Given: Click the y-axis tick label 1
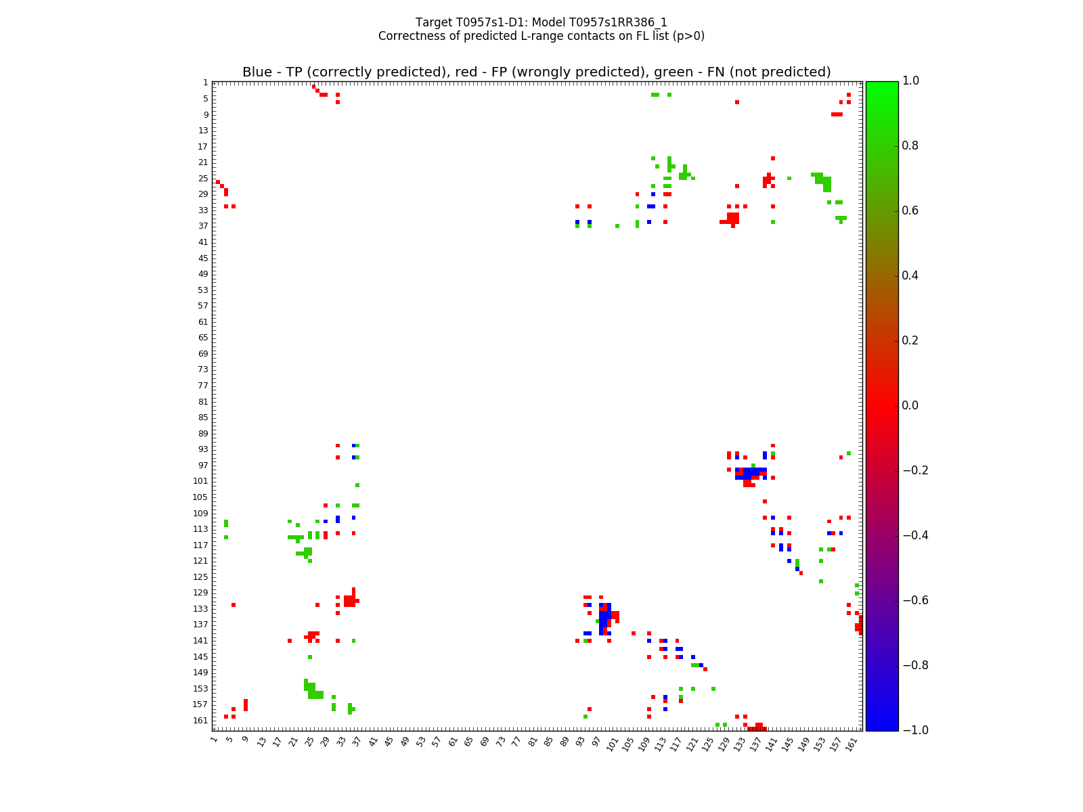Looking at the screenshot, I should (x=206, y=83).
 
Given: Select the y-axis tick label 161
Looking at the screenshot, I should (x=200, y=721).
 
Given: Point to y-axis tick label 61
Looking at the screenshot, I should (x=203, y=322).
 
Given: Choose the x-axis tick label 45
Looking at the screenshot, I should (x=388, y=742).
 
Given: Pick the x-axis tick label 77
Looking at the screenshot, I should (x=516, y=742).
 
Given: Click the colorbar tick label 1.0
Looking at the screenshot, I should (x=911, y=81).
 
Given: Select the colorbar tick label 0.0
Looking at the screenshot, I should (x=911, y=406).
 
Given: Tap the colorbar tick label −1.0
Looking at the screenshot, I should (x=914, y=730).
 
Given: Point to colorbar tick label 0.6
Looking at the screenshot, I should (x=911, y=211).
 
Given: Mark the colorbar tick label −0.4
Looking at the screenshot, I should (x=914, y=535).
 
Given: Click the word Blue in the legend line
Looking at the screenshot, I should (x=257, y=72).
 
